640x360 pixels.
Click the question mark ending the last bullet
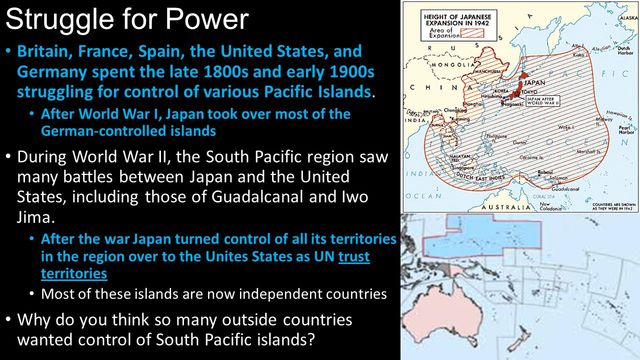[x=314, y=338]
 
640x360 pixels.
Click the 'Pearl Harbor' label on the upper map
[x=627, y=129]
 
